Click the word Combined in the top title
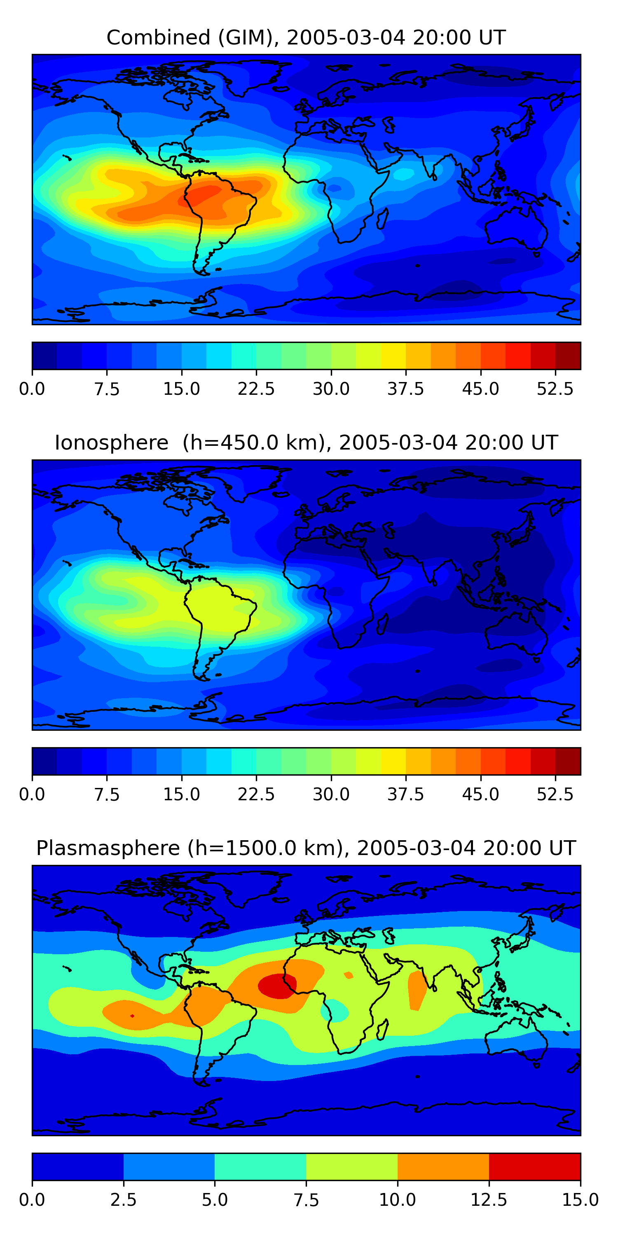(158, 37)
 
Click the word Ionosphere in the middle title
(111, 443)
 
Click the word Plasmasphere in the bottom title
(108, 848)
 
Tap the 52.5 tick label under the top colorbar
(555, 389)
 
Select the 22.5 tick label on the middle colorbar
(256, 795)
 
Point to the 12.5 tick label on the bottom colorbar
(489, 1200)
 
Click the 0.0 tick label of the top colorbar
(32, 389)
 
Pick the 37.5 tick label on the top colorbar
(405, 389)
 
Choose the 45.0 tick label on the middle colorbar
(480, 795)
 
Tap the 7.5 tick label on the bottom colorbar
(306, 1200)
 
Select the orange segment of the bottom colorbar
(443, 1166)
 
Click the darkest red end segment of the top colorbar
(568, 356)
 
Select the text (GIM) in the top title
(248, 37)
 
